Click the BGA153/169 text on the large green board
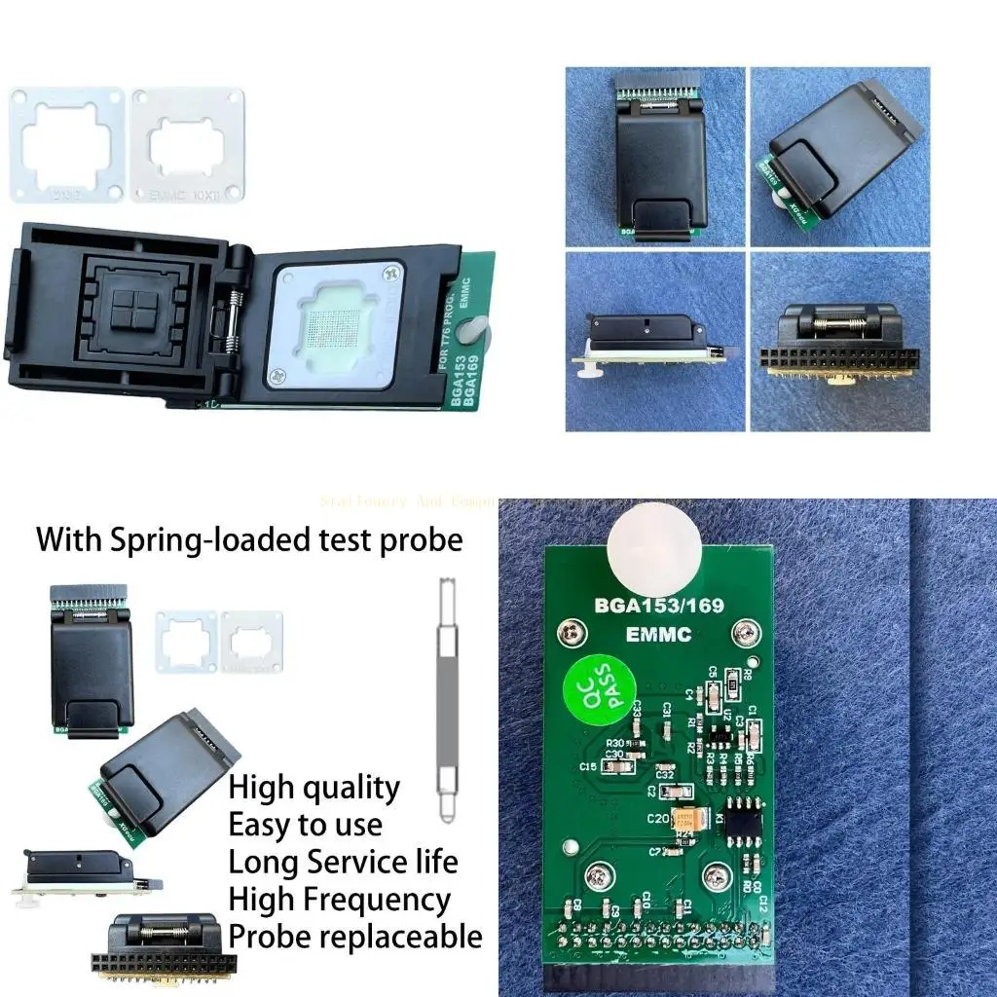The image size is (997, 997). click(x=660, y=605)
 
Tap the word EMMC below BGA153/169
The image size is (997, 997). click(x=659, y=635)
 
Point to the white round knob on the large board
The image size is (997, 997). click(x=653, y=548)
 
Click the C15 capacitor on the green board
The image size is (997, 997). click(x=615, y=767)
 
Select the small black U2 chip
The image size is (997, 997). click(x=720, y=731)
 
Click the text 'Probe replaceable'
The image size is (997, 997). click(x=354, y=937)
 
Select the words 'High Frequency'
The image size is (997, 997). click(x=339, y=900)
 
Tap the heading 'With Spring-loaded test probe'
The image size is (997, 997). click(x=249, y=538)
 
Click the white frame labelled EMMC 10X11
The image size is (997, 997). click(x=188, y=145)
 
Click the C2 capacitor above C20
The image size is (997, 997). click(x=669, y=790)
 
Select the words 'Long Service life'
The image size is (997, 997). click(x=343, y=863)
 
